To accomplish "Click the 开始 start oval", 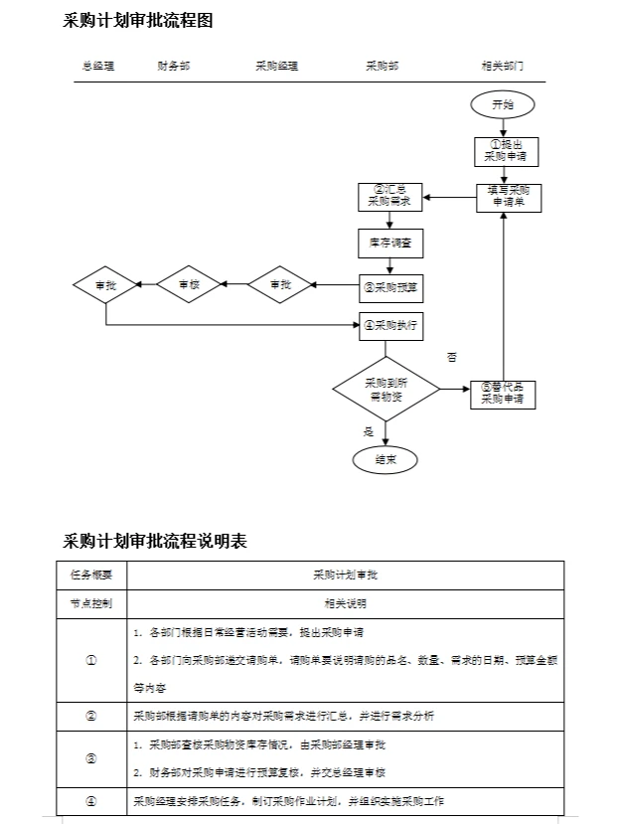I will pyautogui.click(x=503, y=104).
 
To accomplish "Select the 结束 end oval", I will pyautogui.click(x=386, y=459).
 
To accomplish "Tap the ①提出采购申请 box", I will pyautogui.click(x=504, y=150).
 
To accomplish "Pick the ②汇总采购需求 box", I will pyautogui.click(x=389, y=196).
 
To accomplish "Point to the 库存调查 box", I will pyautogui.click(x=389, y=243).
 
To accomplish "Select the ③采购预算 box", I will pyautogui.click(x=390, y=288).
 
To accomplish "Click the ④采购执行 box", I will pyautogui.click(x=390, y=325).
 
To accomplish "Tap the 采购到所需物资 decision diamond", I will pyautogui.click(x=386, y=389).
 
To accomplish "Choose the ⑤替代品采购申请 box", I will pyautogui.click(x=503, y=394).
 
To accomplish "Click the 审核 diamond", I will pyautogui.click(x=193, y=285).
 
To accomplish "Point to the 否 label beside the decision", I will pyautogui.click(x=451, y=357).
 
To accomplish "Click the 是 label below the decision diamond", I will pyautogui.click(x=368, y=431).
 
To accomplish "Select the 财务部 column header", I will pyautogui.click(x=173, y=66).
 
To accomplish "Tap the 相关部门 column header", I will pyautogui.click(x=502, y=66).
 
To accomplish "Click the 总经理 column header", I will pyautogui.click(x=98, y=66).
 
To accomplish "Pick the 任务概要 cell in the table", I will pyautogui.click(x=91, y=575).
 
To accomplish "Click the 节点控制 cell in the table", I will pyautogui.click(x=91, y=603).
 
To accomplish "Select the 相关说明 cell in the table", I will pyautogui.click(x=345, y=603).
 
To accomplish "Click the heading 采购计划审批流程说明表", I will pyautogui.click(x=155, y=541).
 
